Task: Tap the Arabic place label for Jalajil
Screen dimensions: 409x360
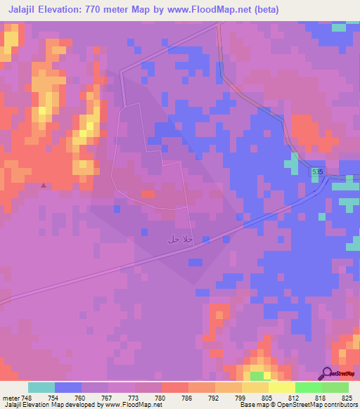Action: [x=180, y=240]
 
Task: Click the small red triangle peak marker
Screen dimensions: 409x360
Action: [x=44, y=186]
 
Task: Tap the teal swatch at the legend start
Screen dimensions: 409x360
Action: [x=41, y=387]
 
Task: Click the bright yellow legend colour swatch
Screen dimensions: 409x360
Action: [x=281, y=387]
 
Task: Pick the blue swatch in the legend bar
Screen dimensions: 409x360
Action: [x=67, y=387]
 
